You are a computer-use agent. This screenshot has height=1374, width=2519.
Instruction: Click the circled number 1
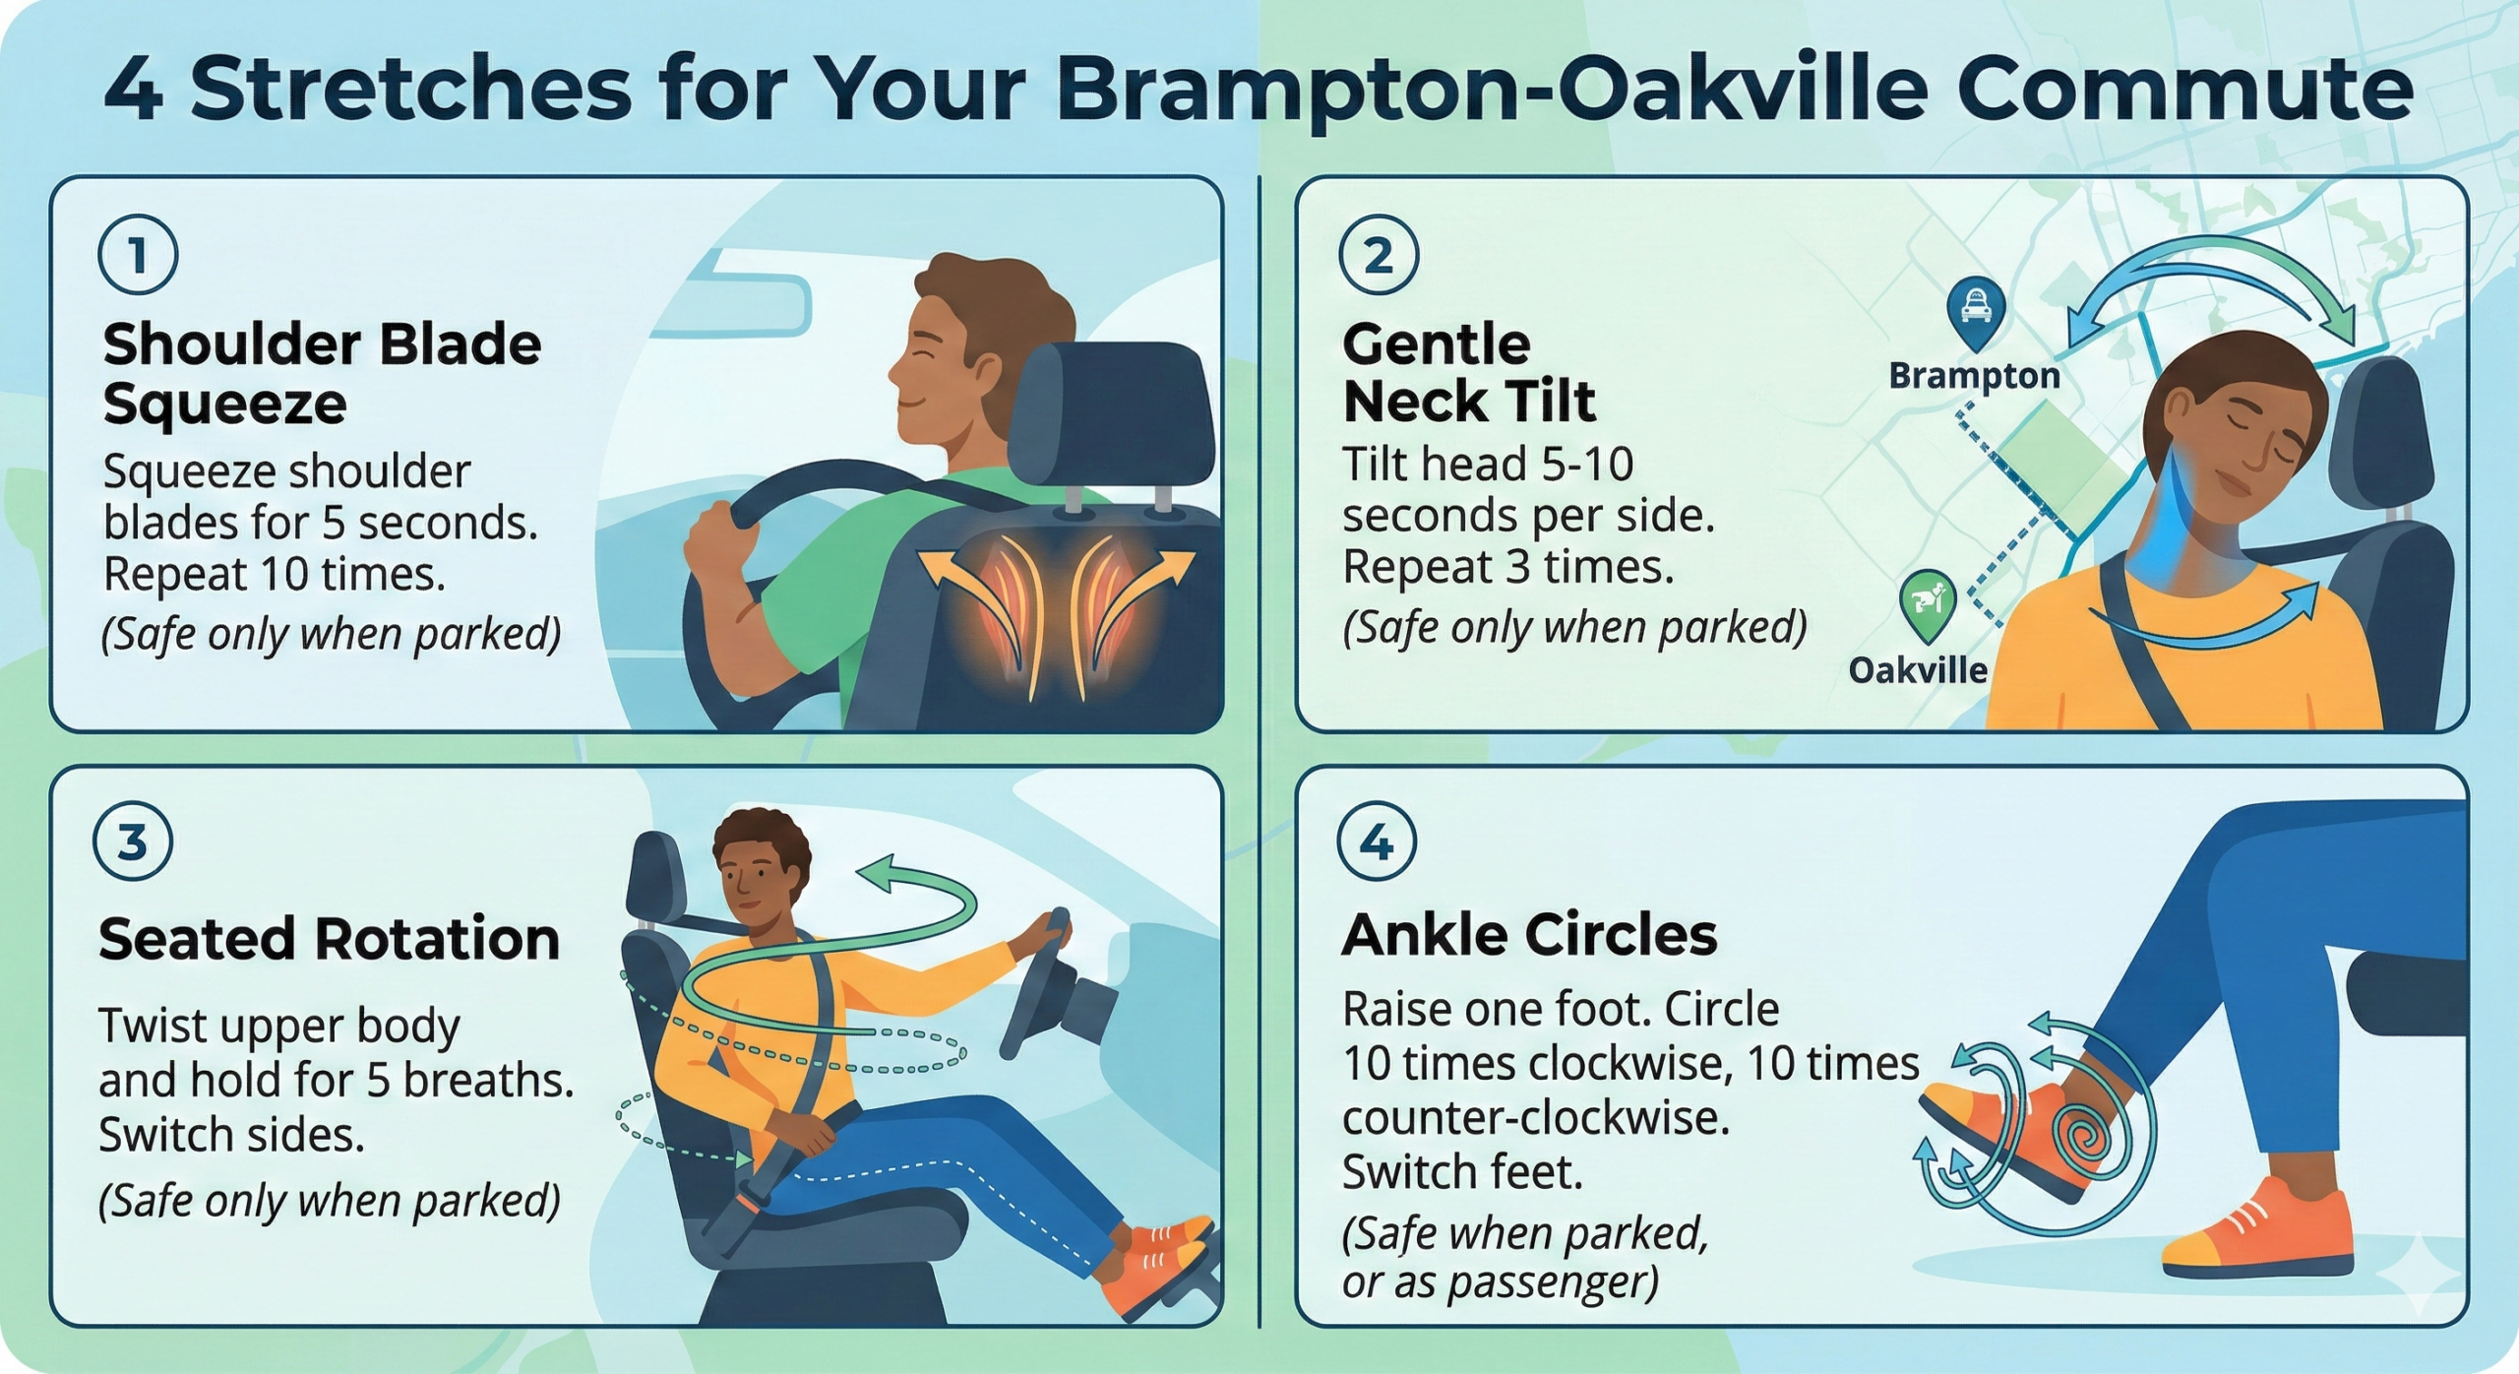click(x=138, y=255)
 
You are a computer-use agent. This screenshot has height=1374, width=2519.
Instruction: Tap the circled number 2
click(x=1379, y=255)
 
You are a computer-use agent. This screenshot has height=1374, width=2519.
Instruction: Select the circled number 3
click(x=133, y=843)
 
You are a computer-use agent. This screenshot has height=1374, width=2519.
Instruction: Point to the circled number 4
click(x=1377, y=843)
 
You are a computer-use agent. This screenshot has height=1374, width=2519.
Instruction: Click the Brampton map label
click(x=1974, y=376)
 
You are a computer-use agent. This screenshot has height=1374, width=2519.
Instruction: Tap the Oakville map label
click(x=1918, y=670)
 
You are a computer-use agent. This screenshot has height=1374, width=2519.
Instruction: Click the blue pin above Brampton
click(x=1976, y=309)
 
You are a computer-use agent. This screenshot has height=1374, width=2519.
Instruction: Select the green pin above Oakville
click(x=1928, y=600)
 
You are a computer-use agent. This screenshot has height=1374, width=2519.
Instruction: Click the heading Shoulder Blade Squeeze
click(x=322, y=373)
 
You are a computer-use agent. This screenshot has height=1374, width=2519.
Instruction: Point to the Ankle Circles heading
click(x=1529, y=935)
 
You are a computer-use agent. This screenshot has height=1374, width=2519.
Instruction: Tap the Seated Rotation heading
click(x=329, y=939)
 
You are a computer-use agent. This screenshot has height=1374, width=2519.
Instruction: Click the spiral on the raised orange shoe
click(x=2087, y=1141)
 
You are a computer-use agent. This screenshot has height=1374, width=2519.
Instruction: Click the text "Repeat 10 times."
click(x=275, y=574)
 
